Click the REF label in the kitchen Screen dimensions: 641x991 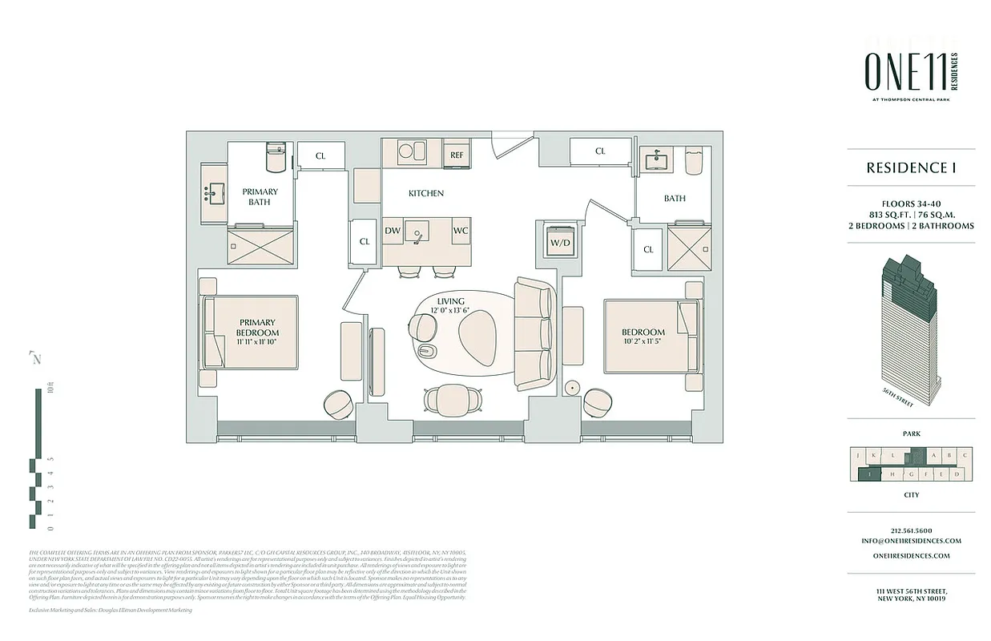click(x=457, y=155)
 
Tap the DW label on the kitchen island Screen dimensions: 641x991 click(x=393, y=231)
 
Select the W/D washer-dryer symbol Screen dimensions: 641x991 click(x=558, y=241)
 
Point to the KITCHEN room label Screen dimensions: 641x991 click(x=425, y=193)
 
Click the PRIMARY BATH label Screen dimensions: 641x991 click(x=260, y=196)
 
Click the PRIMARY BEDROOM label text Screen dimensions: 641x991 click(x=257, y=328)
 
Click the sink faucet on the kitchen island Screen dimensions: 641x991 click(x=417, y=233)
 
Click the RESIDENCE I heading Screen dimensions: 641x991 click(x=911, y=167)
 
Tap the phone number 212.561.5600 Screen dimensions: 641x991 click(x=911, y=530)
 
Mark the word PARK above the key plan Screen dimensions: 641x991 click(x=911, y=433)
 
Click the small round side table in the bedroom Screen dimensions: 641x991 click(x=572, y=388)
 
